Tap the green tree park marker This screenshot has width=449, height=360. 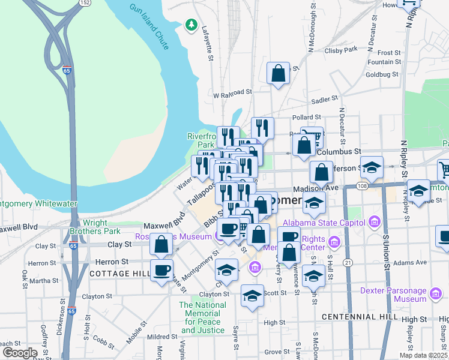coord(191,25)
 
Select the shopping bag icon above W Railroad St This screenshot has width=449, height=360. coord(279,73)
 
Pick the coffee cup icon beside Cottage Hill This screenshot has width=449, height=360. coord(161,269)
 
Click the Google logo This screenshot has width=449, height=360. coord(20,353)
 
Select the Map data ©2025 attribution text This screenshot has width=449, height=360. coord(423,355)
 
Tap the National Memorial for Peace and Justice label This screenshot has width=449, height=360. coord(203,317)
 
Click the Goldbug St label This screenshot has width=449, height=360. coord(382,74)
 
